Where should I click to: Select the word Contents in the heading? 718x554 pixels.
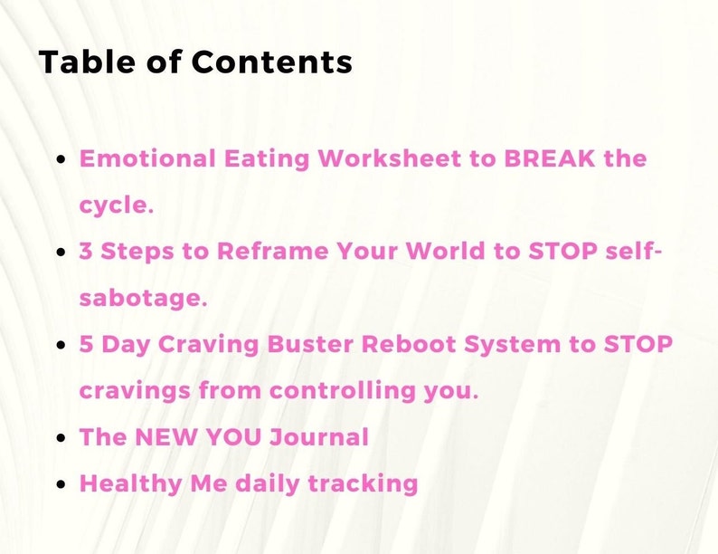(x=272, y=62)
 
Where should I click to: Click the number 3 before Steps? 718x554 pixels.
(x=87, y=252)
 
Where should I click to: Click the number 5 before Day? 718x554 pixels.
(x=87, y=345)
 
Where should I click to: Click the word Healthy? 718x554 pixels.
(x=124, y=483)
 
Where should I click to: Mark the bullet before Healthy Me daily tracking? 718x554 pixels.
(x=61, y=484)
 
